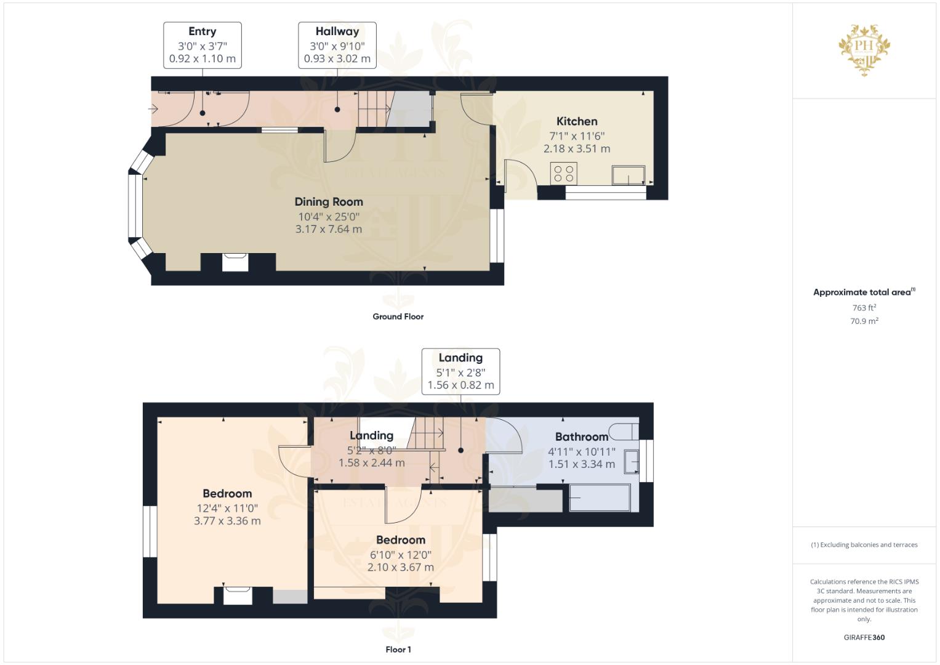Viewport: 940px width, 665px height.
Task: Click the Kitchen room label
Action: pyautogui.click(x=577, y=121)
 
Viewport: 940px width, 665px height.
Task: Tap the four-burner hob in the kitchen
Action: pyautogui.click(x=564, y=173)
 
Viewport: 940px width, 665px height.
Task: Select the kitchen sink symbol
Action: pyautogui.click(x=629, y=175)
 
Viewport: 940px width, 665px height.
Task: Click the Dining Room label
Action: pyautogui.click(x=329, y=202)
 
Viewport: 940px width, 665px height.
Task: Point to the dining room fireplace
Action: pyautogui.click(x=236, y=262)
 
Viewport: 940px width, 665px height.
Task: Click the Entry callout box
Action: pyautogui.click(x=202, y=45)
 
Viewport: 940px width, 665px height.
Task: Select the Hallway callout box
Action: pyautogui.click(x=337, y=45)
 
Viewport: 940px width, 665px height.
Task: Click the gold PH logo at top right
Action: pyautogui.click(x=864, y=50)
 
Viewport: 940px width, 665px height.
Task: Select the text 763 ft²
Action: pyautogui.click(x=864, y=308)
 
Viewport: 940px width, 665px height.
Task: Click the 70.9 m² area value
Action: pyautogui.click(x=864, y=321)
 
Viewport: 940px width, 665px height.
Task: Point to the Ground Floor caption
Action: pyautogui.click(x=398, y=316)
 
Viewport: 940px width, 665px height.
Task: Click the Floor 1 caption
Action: pyautogui.click(x=398, y=650)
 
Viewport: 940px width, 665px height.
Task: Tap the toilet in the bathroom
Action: pyautogui.click(x=623, y=430)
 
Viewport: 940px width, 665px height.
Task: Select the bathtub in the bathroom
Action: pyautogui.click(x=600, y=498)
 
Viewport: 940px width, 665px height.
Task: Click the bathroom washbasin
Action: pyautogui.click(x=632, y=461)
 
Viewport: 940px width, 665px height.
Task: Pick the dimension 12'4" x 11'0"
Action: pyautogui.click(x=227, y=508)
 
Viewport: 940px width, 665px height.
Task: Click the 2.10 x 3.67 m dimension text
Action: pyautogui.click(x=400, y=567)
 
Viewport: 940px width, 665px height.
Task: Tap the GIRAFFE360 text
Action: pyautogui.click(x=864, y=637)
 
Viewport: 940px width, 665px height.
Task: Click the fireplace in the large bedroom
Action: pyautogui.click(x=237, y=595)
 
